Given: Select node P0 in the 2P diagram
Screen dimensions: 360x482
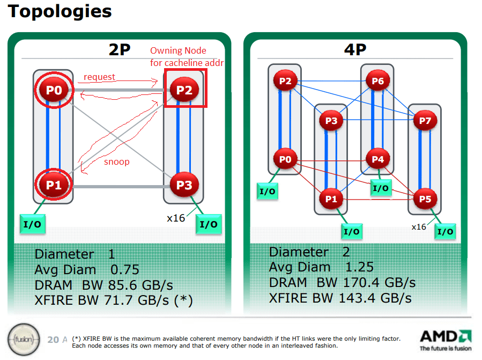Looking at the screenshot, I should point(54,91).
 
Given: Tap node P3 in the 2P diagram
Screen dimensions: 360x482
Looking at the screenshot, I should point(184,186).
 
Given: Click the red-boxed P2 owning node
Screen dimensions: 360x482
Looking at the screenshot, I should point(184,90).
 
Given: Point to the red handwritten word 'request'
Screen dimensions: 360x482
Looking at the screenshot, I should point(99,77).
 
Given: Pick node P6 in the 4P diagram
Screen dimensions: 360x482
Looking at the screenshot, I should point(377,81).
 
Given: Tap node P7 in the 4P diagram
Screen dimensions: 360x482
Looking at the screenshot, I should point(425,121).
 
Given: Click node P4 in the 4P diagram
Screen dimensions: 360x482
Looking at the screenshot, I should point(377,159).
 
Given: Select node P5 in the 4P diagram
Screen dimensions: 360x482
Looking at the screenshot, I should point(425,199).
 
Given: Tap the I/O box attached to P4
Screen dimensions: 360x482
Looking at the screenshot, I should point(381,188).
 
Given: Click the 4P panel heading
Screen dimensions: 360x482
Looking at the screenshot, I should point(355,50).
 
